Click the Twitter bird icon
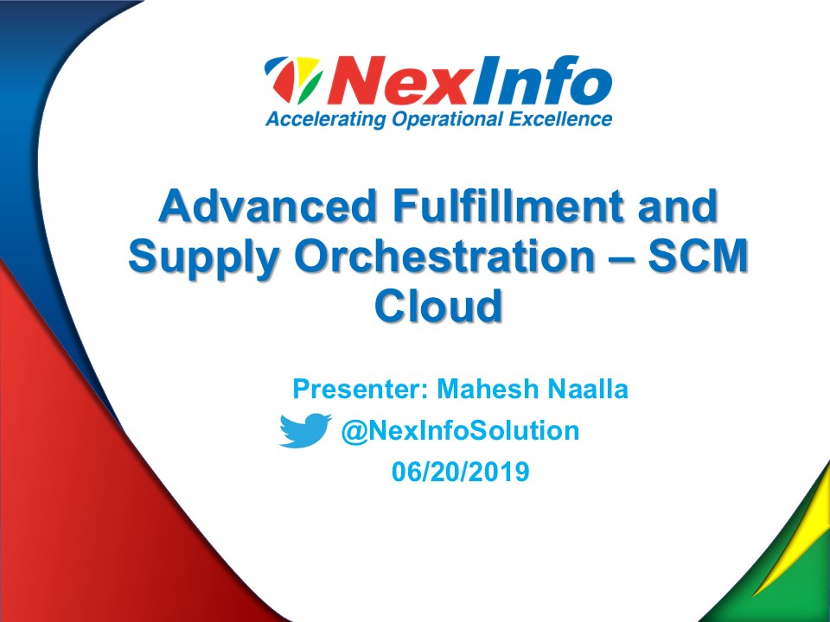(x=304, y=430)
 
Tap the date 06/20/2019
(x=460, y=473)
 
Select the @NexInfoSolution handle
(x=460, y=430)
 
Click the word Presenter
(x=355, y=389)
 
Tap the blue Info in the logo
(x=533, y=83)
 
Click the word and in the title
(x=680, y=208)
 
